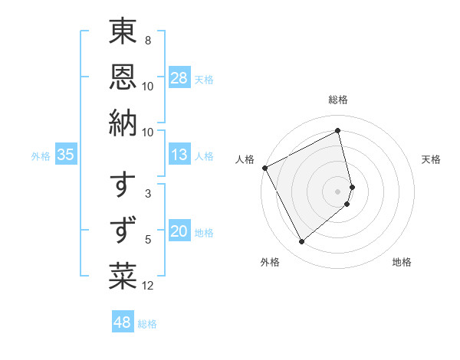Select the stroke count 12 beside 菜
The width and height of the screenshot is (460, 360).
148,286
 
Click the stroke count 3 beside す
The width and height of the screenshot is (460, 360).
148,195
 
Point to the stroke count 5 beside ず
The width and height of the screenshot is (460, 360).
148,240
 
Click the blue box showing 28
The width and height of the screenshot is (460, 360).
179,78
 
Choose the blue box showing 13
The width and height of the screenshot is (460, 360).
179,155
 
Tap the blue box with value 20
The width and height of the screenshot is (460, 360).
179,232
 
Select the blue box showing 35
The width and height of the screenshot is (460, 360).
66,155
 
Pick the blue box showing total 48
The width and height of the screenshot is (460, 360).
123,322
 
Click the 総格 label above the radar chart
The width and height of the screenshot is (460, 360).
338,100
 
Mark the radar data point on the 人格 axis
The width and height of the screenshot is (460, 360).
264,168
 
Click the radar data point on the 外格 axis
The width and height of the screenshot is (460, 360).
301,242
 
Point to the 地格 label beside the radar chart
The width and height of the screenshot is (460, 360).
402,262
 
